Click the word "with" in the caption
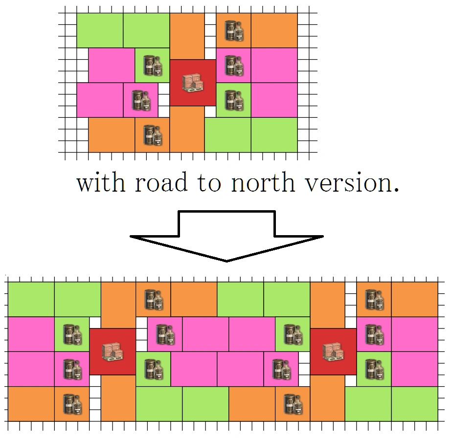[x=102, y=183]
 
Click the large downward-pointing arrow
[x=226, y=235]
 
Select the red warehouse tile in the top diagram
[x=192, y=83]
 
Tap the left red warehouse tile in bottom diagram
[x=113, y=351]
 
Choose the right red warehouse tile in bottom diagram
[x=333, y=351]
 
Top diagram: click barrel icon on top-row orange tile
[x=233, y=30]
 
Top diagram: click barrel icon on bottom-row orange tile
[x=152, y=135]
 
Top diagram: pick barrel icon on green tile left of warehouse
[x=152, y=66]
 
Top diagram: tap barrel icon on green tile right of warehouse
[x=233, y=100]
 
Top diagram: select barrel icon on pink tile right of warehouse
[x=233, y=66]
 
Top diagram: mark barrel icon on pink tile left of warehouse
[x=141, y=100]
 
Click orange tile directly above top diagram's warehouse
[x=187, y=36]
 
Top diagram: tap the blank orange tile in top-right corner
[x=274, y=30]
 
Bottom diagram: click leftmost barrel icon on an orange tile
[x=71, y=404]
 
